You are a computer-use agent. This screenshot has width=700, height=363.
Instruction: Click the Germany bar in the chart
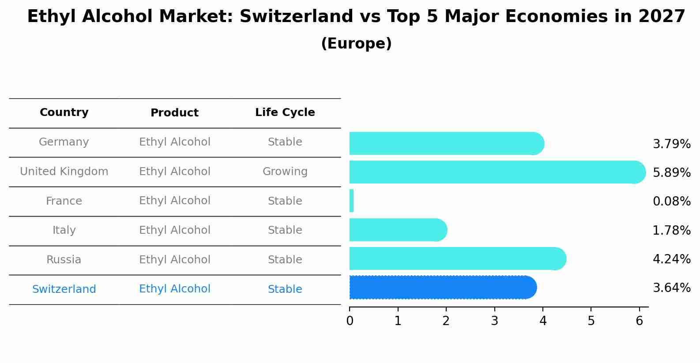coord(446,143)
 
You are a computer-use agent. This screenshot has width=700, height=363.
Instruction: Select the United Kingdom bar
coord(497,172)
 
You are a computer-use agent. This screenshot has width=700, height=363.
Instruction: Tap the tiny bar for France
coord(352,201)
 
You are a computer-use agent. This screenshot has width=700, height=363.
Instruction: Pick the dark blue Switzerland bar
coord(441,288)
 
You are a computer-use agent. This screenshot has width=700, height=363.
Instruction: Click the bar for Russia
coord(457,258)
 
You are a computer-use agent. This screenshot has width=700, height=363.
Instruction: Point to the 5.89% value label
coord(671,172)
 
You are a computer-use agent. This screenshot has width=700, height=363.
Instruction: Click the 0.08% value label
coord(671,202)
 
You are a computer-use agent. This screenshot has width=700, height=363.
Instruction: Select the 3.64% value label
coord(671,288)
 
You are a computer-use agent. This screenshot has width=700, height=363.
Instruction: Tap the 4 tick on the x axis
coord(543,321)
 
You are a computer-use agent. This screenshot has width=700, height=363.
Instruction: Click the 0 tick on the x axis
coord(350,321)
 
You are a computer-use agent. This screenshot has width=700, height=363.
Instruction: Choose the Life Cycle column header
coord(285,112)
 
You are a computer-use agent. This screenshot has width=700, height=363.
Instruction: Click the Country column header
coord(64,112)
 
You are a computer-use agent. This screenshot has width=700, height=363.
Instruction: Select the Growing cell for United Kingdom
coord(285,172)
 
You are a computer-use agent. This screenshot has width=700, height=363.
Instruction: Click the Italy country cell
coord(64,230)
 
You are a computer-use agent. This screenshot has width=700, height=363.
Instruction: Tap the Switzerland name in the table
coord(64,289)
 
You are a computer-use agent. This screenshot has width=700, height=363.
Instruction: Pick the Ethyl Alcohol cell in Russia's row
coord(174,260)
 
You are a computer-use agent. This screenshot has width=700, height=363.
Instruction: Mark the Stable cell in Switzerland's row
coord(285,289)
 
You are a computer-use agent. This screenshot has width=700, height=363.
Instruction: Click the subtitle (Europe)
coord(356,44)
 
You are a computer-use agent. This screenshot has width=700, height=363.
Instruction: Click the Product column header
coord(174,113)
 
